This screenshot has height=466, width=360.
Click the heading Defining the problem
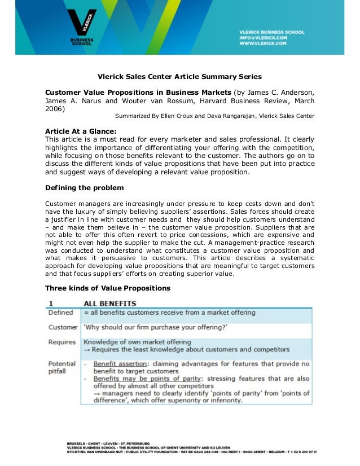85,187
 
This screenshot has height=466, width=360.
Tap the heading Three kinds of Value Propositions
108,288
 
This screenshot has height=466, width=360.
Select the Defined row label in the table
61,313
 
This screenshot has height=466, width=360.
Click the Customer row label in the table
63,327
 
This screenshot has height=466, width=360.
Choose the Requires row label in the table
62,342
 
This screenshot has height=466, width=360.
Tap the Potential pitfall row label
62,367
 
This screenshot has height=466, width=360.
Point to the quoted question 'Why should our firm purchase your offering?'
155,327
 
